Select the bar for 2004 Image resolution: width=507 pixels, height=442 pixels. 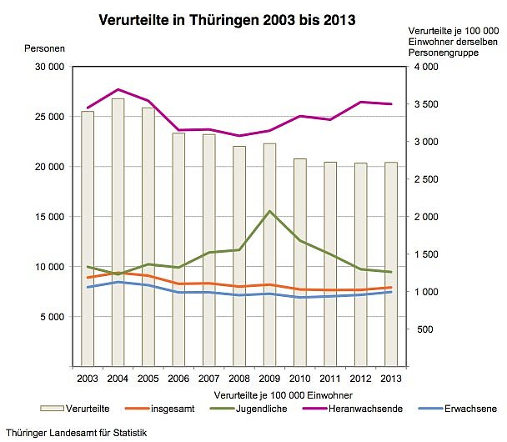pyautogui.click(x=118, y=234)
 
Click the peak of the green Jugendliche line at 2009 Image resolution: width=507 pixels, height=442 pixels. pyautogui.click(x=269, y=211)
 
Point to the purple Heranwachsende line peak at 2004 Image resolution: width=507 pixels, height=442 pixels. pyautogui.click(x=118, y=89)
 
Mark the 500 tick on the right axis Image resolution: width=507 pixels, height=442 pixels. pyautogui.click(x=424, y=329)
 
